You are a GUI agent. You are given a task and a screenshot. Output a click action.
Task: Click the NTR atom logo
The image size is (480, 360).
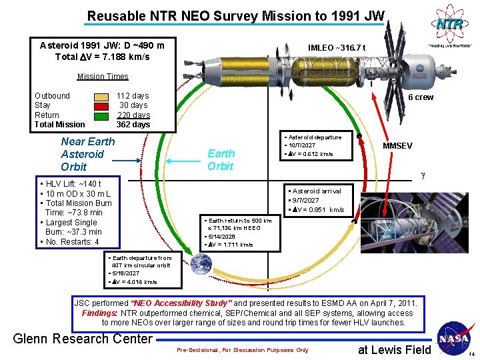(x=448, y=25)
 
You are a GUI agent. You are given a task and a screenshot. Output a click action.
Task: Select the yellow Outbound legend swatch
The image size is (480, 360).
(x=101, y=96)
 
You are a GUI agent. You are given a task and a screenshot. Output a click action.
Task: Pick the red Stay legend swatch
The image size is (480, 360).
(x=101, y=105)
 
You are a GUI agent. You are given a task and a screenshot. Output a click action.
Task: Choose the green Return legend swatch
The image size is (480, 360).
(x=101, y=115)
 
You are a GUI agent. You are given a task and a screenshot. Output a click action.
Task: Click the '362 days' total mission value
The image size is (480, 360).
(x=133, y=125)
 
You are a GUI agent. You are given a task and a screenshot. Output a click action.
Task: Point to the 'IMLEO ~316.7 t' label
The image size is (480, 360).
(x=337, y=47)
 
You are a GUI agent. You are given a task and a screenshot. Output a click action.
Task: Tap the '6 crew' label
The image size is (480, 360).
(x=421, y=97)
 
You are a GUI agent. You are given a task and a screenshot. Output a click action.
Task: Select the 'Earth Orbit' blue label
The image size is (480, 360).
(x=220, y=159)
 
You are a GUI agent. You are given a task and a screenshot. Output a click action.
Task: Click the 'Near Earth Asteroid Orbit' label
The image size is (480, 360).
(x=87, y=154)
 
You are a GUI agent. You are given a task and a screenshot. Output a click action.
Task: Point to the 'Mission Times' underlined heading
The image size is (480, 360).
(x=103, y=77)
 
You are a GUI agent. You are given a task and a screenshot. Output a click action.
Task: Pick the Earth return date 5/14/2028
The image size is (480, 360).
(x=221, y=236)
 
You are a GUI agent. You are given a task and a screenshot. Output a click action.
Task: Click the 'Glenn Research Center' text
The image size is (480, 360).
(x=83, y=339)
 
